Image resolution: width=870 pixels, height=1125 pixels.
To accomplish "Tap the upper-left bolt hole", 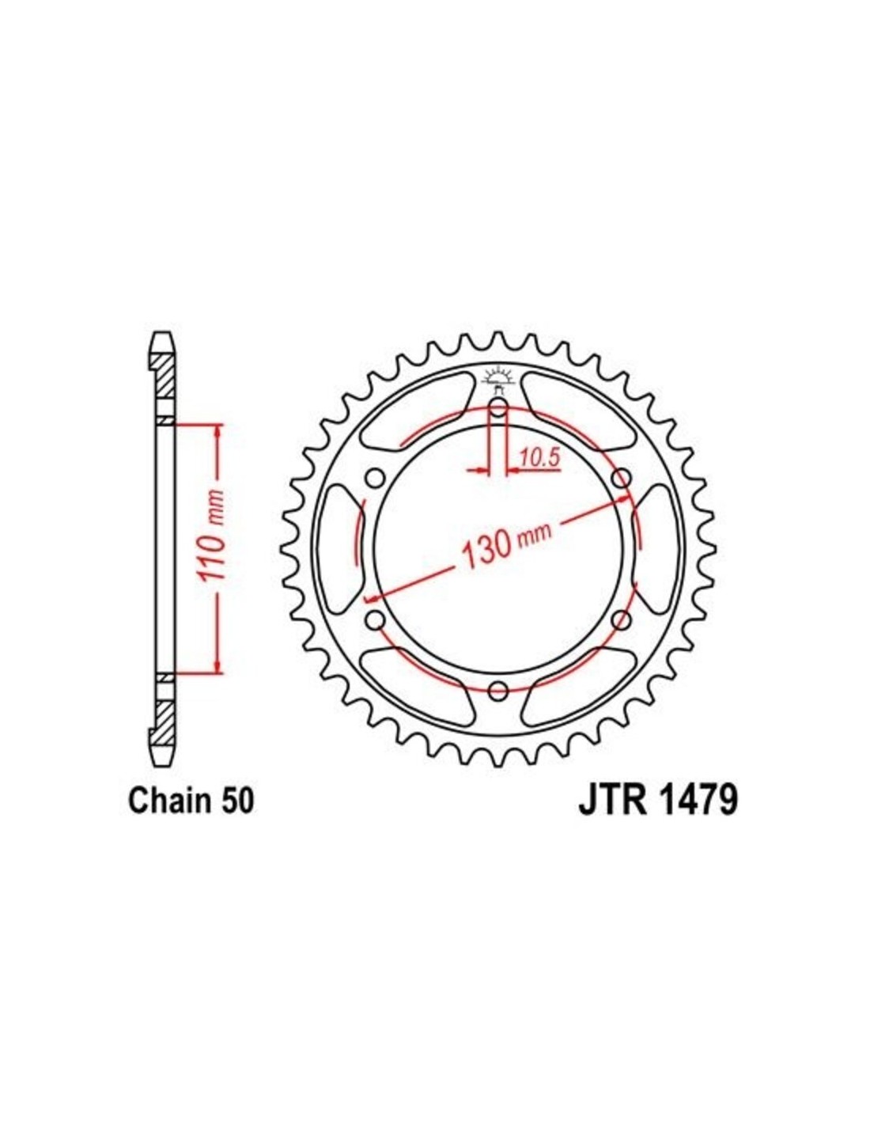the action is click(374, 477).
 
